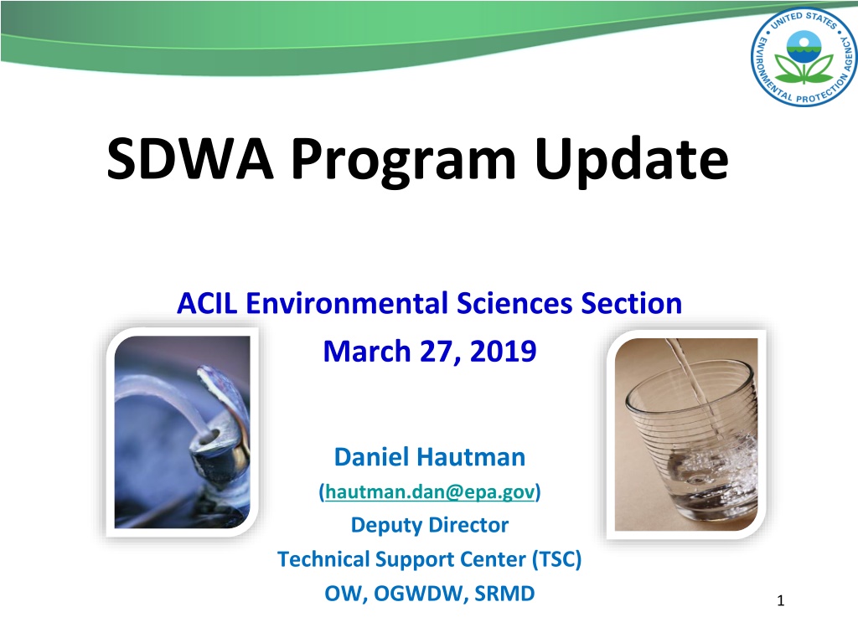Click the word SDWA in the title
pyautogui.click(x=190, y=158)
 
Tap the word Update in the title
pyautogui.click(x=632, y=162)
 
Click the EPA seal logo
pyautogui.click(x=804, y=56)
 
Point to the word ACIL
pyautogui.click(x=207, y=303)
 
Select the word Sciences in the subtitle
pyautogui.click(x=514, y=303)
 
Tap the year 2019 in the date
pyautogui.click(x=503, y=351)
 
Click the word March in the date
pyautogui.click(x=367, y=351)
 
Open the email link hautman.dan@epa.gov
pyautogui.click(x=430, y=491)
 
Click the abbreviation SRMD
pyautogui.click(x=504, y=594)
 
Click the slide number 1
pyautogui.click(x=781, y=601)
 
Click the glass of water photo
pyautogui.click(x=686, y=435)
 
